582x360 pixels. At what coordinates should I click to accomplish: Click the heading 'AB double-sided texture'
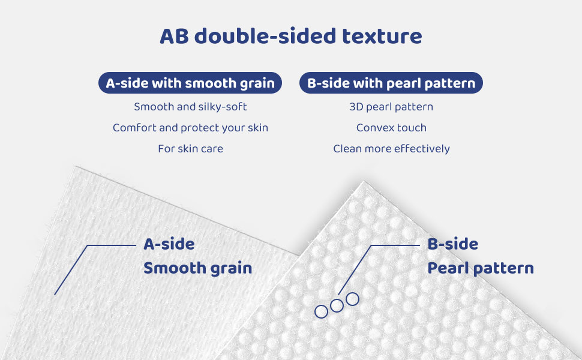click(x=290, y=36)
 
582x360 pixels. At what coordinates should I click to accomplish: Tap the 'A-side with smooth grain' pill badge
click(x=190, y=83)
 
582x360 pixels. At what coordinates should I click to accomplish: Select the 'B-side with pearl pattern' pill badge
click(x=391, y=83)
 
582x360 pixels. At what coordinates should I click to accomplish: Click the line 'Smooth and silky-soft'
click(x=190, y=107)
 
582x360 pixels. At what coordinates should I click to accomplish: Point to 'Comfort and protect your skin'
click(x=190, y=128)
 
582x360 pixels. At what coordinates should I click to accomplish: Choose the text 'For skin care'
click(x=190, y=148)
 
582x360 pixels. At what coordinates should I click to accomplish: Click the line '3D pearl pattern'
click(x=391, y=107)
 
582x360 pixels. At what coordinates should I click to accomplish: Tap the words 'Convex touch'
click(x=391, y=128)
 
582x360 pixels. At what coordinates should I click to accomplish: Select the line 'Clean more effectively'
click(x=391, y=148)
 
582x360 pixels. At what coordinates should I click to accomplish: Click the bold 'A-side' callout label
click(x=169, y=244)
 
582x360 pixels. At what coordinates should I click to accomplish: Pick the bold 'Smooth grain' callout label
click(x=197, y=268)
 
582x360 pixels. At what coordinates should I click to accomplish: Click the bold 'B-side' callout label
click(x=453, y=244)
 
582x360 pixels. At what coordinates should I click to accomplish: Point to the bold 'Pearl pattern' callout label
click(x=481, y=268)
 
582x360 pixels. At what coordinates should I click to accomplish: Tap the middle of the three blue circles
click(x=331, y=305)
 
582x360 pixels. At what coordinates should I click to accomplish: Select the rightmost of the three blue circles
click(x=346, y=299)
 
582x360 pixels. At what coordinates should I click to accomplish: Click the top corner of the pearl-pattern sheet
click(x=364, y=181)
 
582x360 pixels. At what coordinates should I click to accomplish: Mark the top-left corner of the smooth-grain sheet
click(x=76, y=166)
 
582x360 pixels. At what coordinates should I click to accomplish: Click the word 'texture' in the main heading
click(x=382, y=37)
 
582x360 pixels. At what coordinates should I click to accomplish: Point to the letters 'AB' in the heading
click(x=174, y=37)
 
